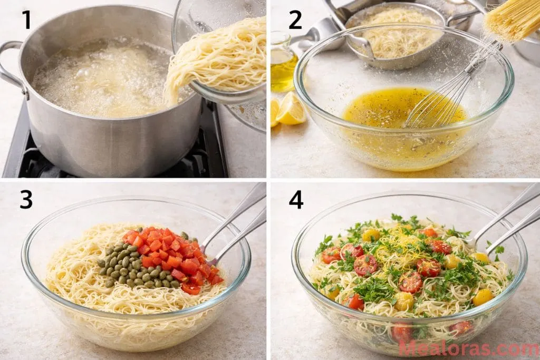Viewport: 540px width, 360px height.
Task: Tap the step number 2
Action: (295, 20)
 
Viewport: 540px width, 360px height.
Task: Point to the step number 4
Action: (296, 200)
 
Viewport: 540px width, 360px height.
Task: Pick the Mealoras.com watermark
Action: (468, 348)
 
